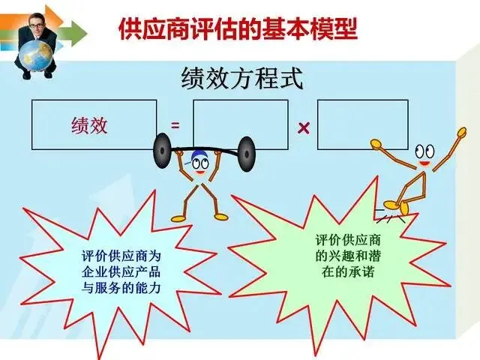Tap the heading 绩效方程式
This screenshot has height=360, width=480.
[242, 79]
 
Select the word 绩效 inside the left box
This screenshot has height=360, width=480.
[89, 124]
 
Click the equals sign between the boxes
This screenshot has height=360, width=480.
[175, 126]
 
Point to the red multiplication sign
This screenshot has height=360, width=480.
[304, 128]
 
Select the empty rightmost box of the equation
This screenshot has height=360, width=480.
[362, 124]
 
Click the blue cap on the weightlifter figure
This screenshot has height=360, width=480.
[199, 158]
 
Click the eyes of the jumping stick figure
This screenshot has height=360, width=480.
[425, 149]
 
